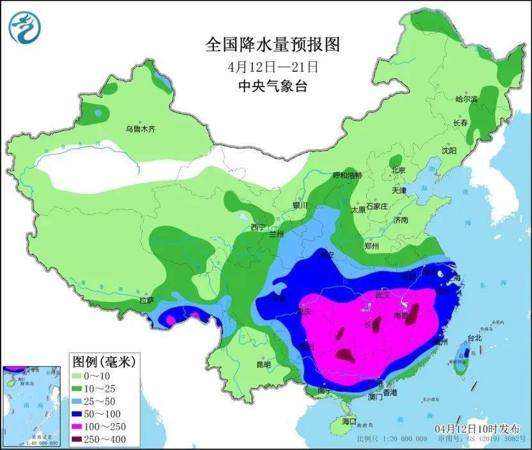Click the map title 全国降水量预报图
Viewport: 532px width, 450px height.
pos(272,44)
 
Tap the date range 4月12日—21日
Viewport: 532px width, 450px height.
pos(272,67)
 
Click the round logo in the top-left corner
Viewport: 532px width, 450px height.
pos(25,27)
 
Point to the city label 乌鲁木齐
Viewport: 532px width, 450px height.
pos(140,129)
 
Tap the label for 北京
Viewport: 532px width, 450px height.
pos(398,170)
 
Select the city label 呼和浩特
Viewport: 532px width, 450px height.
pos(347,175)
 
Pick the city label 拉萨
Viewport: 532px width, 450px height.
pos(147,300)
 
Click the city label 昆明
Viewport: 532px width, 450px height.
pos(263,364)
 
